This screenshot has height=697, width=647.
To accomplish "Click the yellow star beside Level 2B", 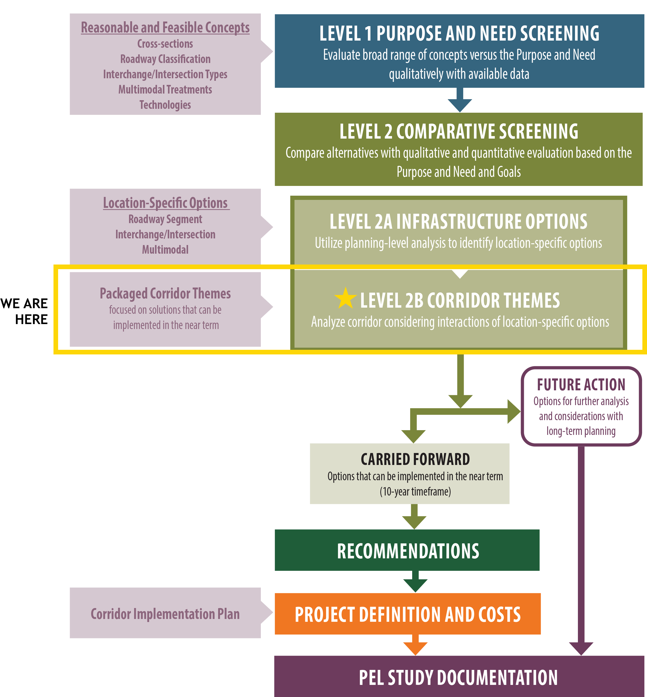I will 345,298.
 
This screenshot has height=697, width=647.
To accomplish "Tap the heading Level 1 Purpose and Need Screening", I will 459,34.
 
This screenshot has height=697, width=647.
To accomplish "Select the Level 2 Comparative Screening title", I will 459,132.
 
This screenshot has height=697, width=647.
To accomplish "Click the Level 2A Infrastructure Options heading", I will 458,222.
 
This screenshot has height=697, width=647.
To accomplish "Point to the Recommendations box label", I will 408,551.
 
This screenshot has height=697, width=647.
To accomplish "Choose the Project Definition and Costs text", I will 408,614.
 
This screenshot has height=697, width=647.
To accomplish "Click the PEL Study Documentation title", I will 458,678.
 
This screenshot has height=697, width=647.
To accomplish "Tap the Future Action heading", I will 581,385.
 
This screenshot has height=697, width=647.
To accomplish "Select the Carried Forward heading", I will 415,459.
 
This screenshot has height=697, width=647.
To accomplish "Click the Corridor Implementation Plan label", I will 165,614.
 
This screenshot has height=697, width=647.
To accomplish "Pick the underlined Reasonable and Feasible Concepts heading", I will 165,28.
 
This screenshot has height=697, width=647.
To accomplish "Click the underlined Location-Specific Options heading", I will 165,203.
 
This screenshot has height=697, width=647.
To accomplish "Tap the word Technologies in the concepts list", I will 165,105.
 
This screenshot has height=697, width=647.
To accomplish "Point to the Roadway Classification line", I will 165,59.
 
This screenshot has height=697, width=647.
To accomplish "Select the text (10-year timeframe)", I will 415,491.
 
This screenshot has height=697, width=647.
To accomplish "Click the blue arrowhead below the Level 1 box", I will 460,105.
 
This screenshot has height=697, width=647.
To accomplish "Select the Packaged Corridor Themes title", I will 165,293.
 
